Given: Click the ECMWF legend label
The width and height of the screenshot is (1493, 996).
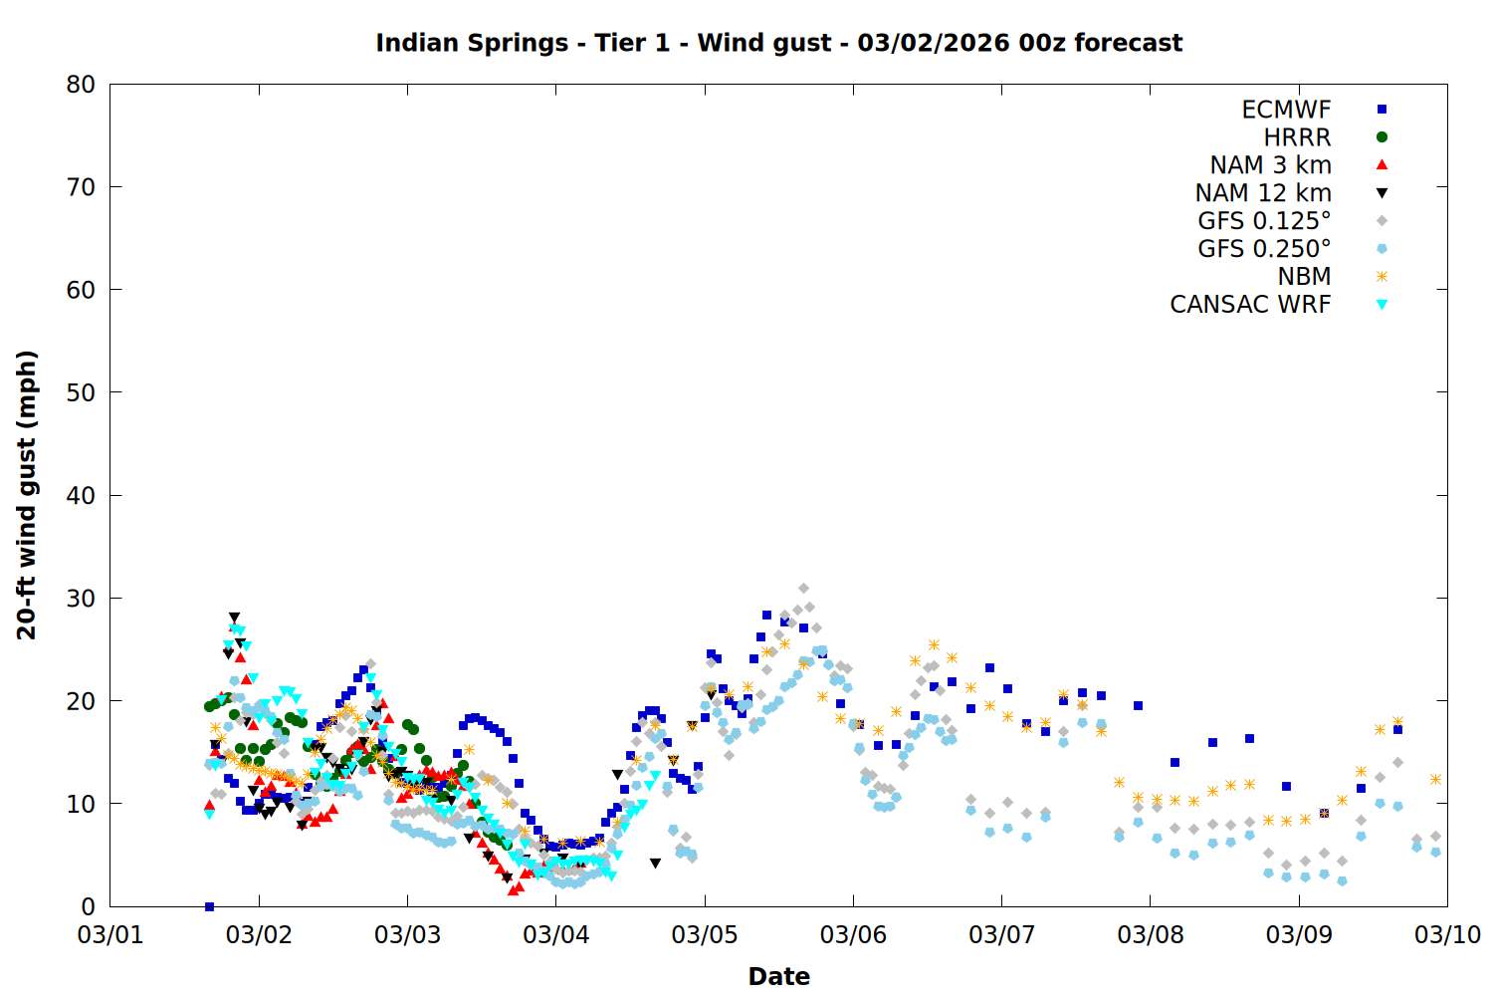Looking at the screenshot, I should point(1286,110).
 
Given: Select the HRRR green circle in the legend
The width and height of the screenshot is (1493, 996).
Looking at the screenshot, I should point(1382,137).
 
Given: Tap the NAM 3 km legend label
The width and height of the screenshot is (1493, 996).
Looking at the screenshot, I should point(1270,165).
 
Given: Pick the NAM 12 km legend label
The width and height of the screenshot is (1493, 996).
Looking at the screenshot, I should point(1263,193).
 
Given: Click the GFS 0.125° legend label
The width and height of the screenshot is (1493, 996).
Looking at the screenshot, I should point(1264,221).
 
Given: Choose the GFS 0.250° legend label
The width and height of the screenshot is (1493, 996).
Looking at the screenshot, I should point(1264,249).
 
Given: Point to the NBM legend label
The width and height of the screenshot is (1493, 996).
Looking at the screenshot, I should point(1304,277).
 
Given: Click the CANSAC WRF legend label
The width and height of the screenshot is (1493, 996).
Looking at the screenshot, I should point(1250,305).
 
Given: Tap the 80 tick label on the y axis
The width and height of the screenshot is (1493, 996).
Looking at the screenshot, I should point(81,85).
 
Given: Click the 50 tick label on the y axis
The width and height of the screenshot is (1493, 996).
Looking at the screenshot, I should point(81,392).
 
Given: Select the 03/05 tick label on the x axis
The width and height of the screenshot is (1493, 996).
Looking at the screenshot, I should point(705,935).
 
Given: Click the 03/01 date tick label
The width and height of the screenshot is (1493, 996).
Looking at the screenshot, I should point(110,935).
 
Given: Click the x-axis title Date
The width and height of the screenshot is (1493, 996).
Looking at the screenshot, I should point(778,976).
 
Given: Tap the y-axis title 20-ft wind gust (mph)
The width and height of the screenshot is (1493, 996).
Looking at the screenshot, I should point(27,495).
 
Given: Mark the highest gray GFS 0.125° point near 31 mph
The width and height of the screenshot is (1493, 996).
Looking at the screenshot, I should point(803,589).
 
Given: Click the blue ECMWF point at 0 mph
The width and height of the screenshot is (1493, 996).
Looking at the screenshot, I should point(209,906).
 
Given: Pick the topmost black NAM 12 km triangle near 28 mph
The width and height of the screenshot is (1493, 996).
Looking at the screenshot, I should point(234,618).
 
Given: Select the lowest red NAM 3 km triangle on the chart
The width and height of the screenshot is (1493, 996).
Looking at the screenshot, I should point(513,889).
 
